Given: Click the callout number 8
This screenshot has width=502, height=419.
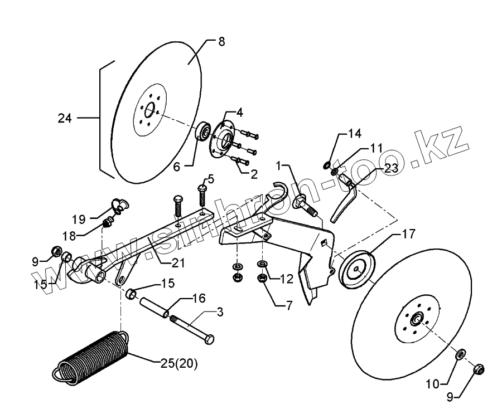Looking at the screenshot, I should tap(221, 43).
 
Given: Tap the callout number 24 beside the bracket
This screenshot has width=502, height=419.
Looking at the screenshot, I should tap(66, 118).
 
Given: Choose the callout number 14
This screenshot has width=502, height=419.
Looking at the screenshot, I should tap(355, 133).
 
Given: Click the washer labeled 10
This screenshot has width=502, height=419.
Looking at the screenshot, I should tap(461, 355).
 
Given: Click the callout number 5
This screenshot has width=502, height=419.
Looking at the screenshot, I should tap(211, 179).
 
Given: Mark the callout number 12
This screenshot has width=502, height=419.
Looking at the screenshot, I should tap(286, 278).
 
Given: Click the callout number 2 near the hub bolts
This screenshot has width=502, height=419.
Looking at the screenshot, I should tap(254, 174).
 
